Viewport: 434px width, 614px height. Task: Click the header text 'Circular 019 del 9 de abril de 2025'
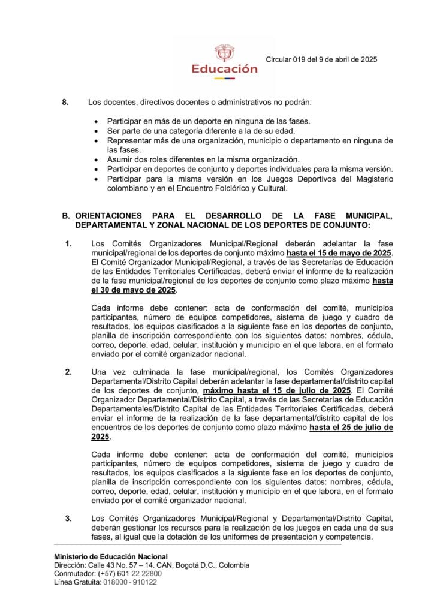pyautogui.click(x=321, y=59)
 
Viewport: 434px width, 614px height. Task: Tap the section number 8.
pyautogui.click(x=65, y=102)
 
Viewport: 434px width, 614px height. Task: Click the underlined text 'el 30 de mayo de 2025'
pyautogui.click(x=134, y=290)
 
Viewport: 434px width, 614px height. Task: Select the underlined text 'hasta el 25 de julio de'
pyautogui.click(x=351, y=427)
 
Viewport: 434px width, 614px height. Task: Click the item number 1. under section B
pyautogui.click(x=69, y=245)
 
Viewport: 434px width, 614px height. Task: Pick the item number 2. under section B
pyautogui.click(x=69, y=372)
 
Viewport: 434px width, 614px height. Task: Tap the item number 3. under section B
pyautogui.click(x=69, y=518)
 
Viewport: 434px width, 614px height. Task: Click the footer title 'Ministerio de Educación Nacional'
pyautogui.click(x=111, y=556)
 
